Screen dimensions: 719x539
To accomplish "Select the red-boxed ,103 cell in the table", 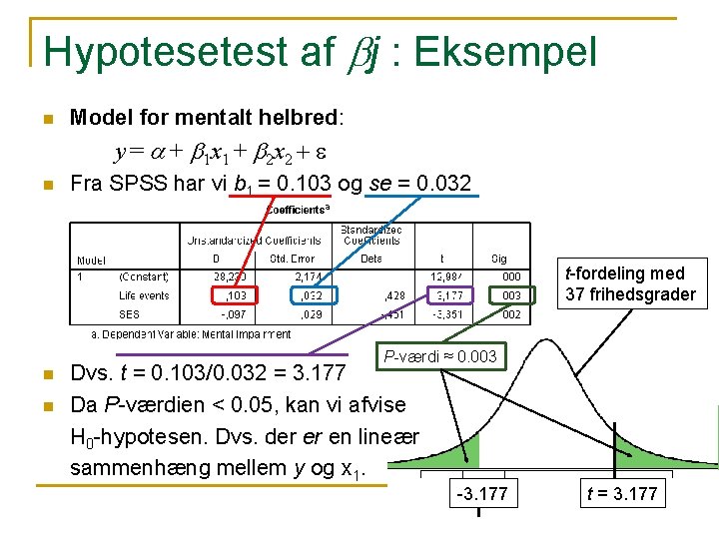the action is point(236,295).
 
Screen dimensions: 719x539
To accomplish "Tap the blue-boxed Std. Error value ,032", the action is point(311,295).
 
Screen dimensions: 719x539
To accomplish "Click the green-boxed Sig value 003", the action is point(510,295).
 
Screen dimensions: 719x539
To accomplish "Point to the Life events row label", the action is point(144,295).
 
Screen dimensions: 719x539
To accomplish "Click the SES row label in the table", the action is point(129,314).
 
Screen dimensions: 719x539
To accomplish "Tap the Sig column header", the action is point(499,259).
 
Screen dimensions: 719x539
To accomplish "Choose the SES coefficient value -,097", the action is point(234,314).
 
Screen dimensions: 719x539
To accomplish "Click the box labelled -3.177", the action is point(479,493).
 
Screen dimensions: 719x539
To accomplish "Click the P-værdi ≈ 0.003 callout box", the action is point(439,356).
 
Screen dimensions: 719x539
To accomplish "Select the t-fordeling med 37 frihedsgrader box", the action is point(630,283).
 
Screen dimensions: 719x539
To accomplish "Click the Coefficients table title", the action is point(297,210).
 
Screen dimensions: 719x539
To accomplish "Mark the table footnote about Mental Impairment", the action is point(191,333).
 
